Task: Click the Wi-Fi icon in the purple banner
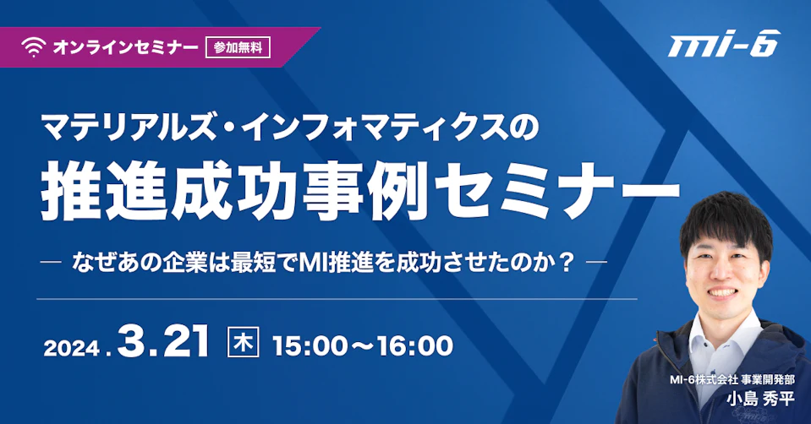[x=34, y=47]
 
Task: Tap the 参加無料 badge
[x=238, y=47]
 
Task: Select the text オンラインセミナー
[x=126, y=47]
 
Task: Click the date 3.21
[x=163, y=341]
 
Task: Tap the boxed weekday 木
[x=243, y=343]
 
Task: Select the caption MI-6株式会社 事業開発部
[x=732, y=379]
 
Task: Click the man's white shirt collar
[x=724, y=330]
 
